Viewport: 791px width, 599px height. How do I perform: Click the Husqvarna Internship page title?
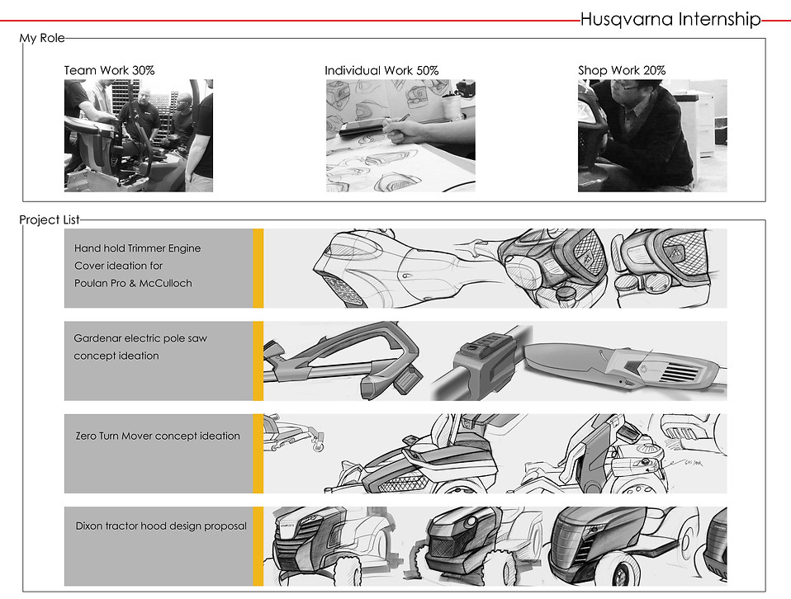click(670, 20)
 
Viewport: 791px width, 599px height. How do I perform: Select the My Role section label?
click(42, 38)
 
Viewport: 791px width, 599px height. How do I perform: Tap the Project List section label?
click(50, 219)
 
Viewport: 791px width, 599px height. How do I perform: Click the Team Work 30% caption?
click(109, 70)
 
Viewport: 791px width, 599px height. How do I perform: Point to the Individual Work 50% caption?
click(381, 70)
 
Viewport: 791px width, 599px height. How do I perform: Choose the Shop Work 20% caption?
click(622, 70)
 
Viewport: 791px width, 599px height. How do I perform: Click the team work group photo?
click(139, 135)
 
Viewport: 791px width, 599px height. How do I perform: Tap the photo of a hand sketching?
click(400, 135)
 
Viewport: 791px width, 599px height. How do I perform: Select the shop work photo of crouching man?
click(652, 135)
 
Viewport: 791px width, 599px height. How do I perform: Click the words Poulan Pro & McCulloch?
click(133, 283)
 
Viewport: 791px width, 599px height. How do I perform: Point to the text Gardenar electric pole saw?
click(140, 337)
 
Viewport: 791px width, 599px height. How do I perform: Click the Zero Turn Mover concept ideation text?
click(158, 436)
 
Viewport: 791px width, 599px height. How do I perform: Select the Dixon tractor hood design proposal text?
click(161, 526)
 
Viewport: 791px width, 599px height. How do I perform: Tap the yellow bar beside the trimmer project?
click(258, 268)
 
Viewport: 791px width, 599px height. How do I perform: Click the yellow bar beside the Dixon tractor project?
click(258, 546)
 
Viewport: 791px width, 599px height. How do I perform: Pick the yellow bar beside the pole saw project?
click(258, 361)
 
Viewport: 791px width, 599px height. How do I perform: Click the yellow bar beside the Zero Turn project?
click(258, 454)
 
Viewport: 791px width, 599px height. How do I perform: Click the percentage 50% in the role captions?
click(427, 70)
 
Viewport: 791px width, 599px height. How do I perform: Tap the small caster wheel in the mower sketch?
click(318, 446)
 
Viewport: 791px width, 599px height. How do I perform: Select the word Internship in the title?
click(719, 20)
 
